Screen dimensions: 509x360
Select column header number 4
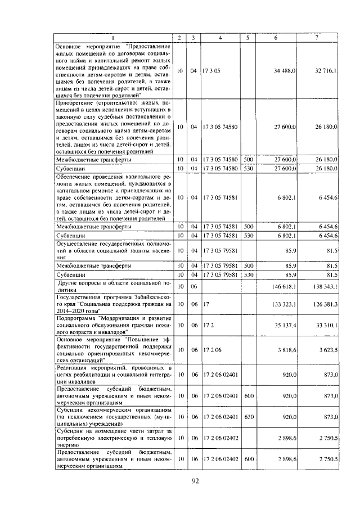(x=220, y=37)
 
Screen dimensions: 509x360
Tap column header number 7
(x=317, y=37)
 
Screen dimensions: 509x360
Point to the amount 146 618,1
(x=284, y=286)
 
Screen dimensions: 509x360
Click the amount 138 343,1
(x=324, y=286)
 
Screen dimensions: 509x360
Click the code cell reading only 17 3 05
(x=211, y=71)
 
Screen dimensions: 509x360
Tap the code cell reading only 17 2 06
(x=211, y=350)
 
